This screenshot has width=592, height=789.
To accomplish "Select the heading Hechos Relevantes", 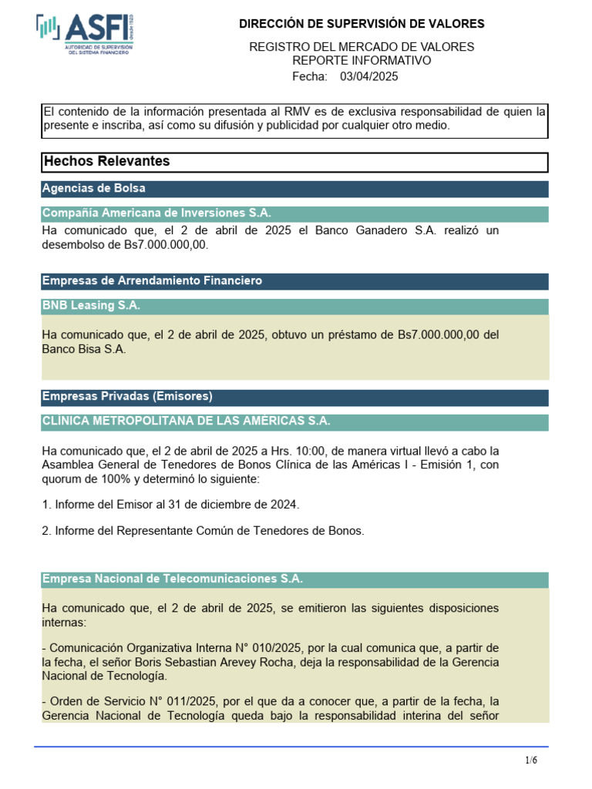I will [x=107, y=162].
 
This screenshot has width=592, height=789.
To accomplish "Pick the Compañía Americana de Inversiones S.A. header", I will [x=156, y=213].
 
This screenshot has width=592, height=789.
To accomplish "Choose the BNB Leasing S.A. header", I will [x=91, y=306].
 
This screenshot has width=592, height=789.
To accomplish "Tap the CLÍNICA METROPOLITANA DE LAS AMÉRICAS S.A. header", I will [x=186, y=421].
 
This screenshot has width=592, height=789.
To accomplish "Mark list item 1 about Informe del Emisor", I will [x=170, y=504].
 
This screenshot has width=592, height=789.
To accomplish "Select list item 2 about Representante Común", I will [x=203, y=530].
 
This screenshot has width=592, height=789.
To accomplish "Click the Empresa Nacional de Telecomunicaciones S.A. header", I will [x=173, y=579].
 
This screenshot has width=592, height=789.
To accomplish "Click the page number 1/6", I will [x=532, y=760].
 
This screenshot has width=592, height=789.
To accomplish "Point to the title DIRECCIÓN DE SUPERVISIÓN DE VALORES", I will [x=362, y=25].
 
